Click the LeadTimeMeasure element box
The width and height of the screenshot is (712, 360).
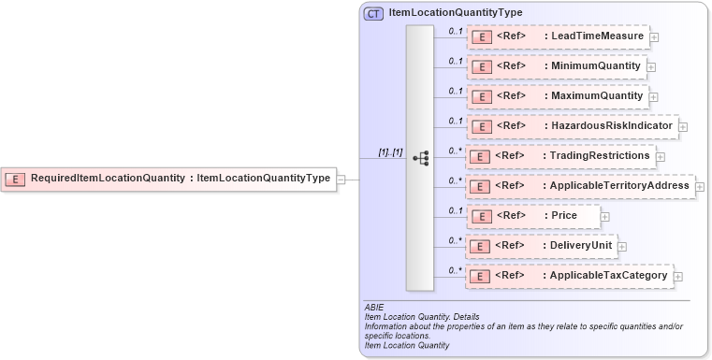pyautogui.click(x=557, y=37)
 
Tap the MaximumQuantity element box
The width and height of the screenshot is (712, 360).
pyautogui.click(x=557, y=96)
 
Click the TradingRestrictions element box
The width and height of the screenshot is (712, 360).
pyautogui.click(x=560, y=156)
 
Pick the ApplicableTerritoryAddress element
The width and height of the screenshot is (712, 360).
pyautogui.click(x=580, y=186)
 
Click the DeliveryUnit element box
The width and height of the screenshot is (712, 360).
pyautogui.click(x=541, y=246)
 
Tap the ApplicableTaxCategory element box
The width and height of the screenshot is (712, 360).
pyautogui.click(x=569, y=276)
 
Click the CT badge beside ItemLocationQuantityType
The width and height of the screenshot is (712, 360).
pyautogui.click(x=374, y=13)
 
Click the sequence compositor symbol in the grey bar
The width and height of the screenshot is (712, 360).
pyautogui.click(x=420, y=158)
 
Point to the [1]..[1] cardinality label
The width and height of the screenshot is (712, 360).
pyautogui.click(x=390, y=151)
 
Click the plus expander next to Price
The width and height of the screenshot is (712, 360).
pyautogui.click(x=604, y=217)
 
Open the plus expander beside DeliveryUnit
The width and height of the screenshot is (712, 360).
pyautogui.click(x=621, y=247)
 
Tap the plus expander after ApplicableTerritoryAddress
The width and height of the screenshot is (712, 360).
pyautogui.click(x=701, y=187)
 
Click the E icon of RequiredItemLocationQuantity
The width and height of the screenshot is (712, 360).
pyautogui.click(x=16, y=178)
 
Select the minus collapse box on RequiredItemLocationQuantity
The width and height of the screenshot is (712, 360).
pyautogui.click(x=341, y=179)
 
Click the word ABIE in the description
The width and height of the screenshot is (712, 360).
pyautogui.click(x=374, y=308)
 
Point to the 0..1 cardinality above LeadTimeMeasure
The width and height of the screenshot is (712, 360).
pyautogui.click(x=456, y=31)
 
